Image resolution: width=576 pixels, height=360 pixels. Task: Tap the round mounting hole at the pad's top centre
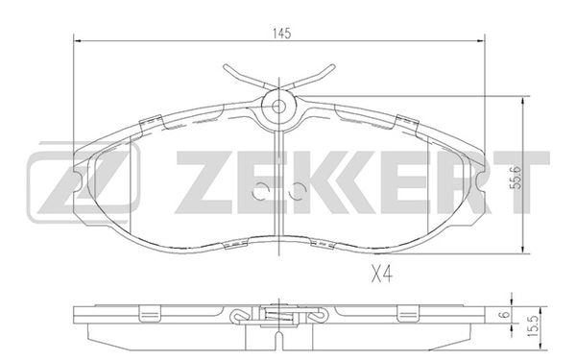tap(277, 107)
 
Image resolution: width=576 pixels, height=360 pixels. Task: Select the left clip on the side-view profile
tap(151, 314)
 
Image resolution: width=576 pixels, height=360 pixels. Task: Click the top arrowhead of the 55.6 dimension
tap(522, 100)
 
